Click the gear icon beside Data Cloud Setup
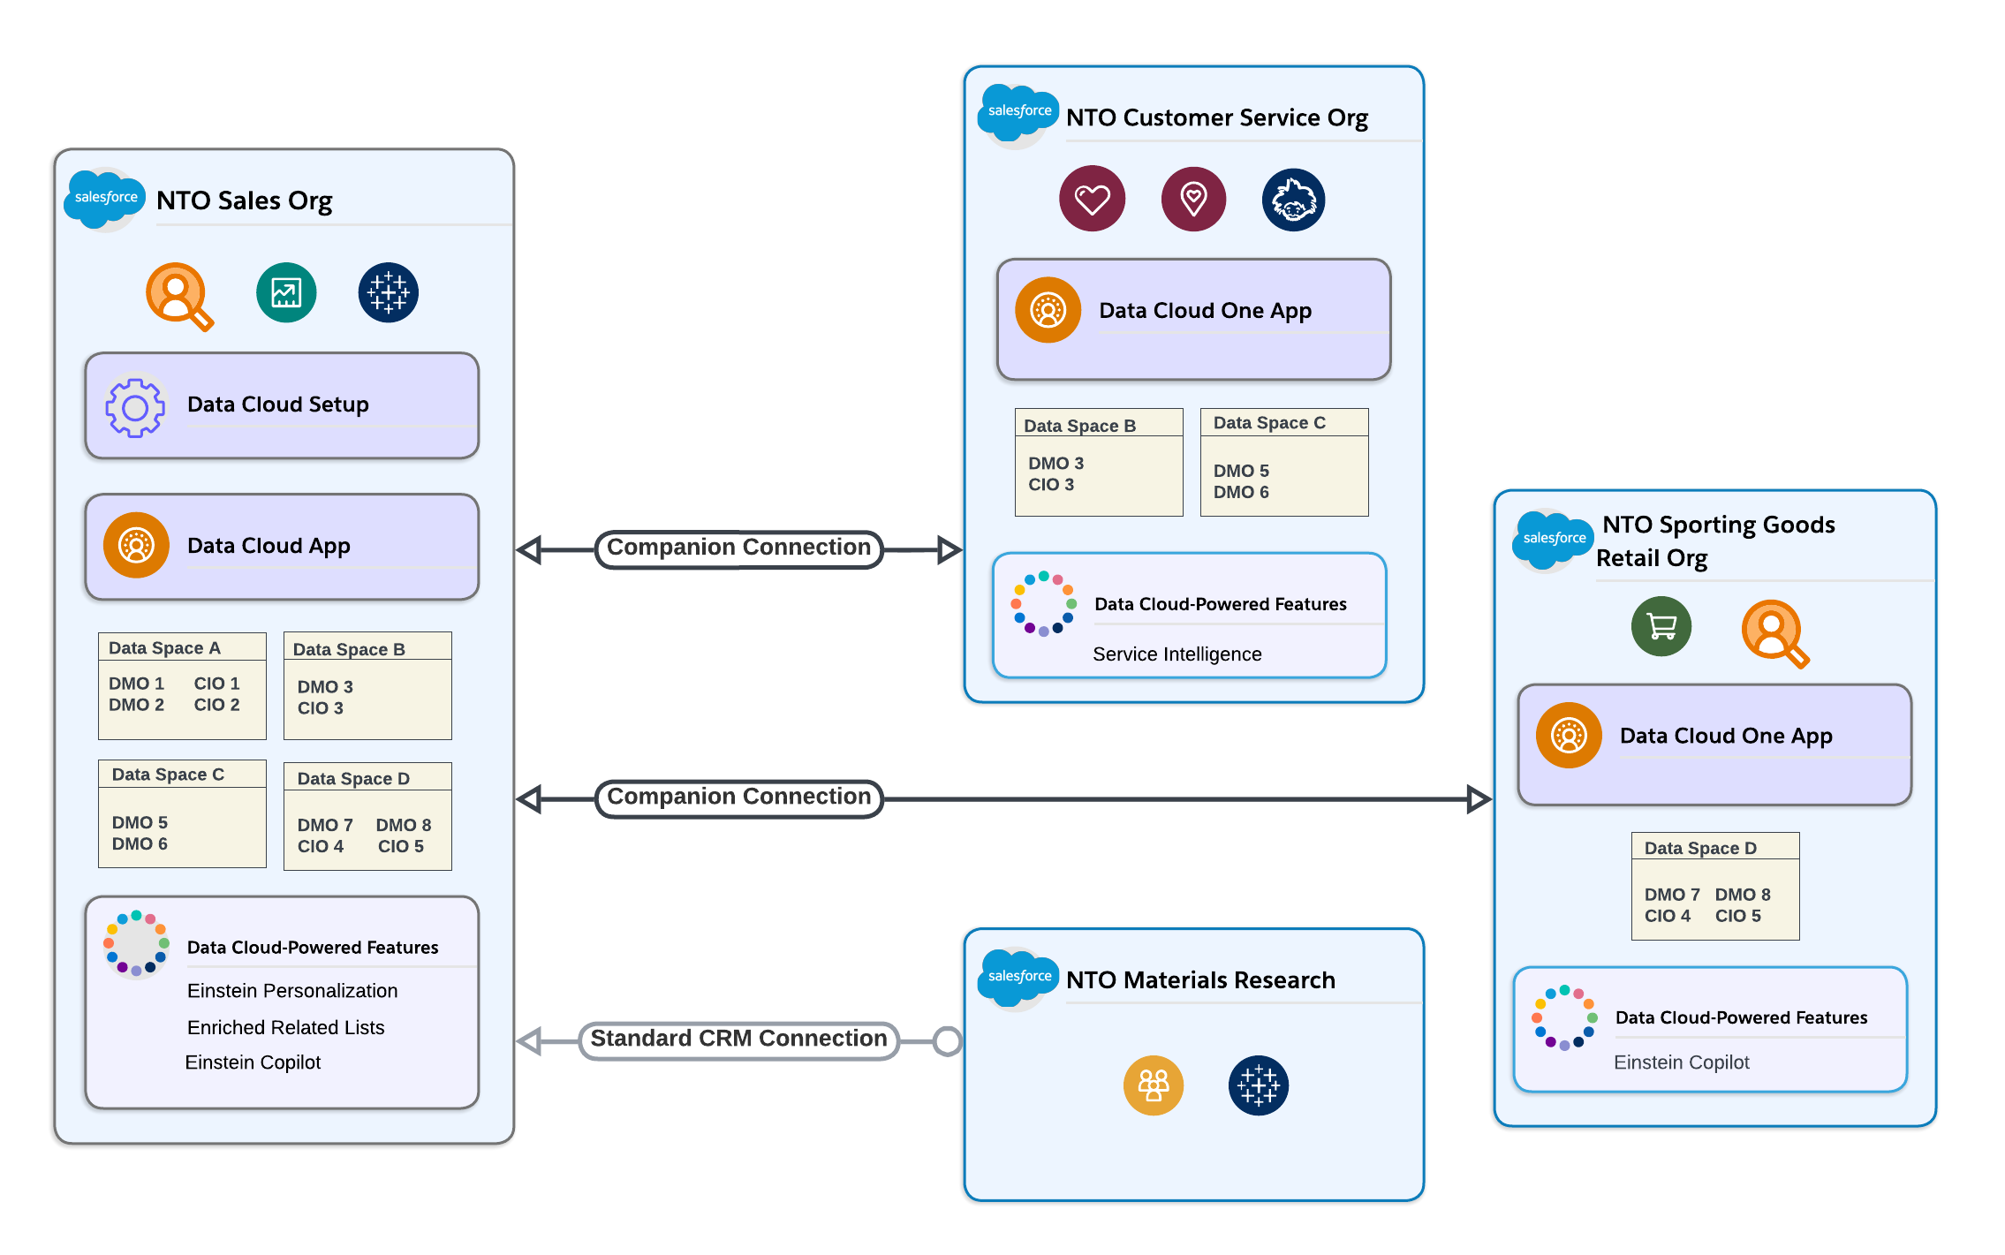pyautogui.click(x=135, y=407)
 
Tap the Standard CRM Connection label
pyautogui.click(x=738, y=1040)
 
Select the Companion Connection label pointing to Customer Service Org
pyautogui.click(x=738, y=548)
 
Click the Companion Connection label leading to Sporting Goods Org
pyautogui.click(x=738, y=798)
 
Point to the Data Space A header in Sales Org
pyautogui.click(x=164, y=648)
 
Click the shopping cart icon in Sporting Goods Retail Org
pyautogui.click(x=1661, y=626)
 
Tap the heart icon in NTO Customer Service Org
pyautogui.click(x=1092, y=199)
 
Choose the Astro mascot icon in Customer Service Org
pyautogui.click(x=1293, y=200)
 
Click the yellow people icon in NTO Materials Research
pyautogui.click(x=1153, y=1085)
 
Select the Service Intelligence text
pyautogui.click(x=1177, y=654)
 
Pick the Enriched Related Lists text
pyautogui.click(x=285, y=1027)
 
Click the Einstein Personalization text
pyautogui.click(x=291, y=991)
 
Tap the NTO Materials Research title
pyautogui.click(x=1199, y=980)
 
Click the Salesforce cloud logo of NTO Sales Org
pyautogui.click(x=105, y=198)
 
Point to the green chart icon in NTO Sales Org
pyautogui.click(x=286, y=292)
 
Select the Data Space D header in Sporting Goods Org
pyautogui.click(x=1699, y=848)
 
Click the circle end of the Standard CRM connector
pyautogui.click(x=948, y=1041)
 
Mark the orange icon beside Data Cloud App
pyautogui.click(x=136, y=546)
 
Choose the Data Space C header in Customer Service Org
pyautogui.click(x=1268, y=423)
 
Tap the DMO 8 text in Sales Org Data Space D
pyautogui.click(x=403, y=825)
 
